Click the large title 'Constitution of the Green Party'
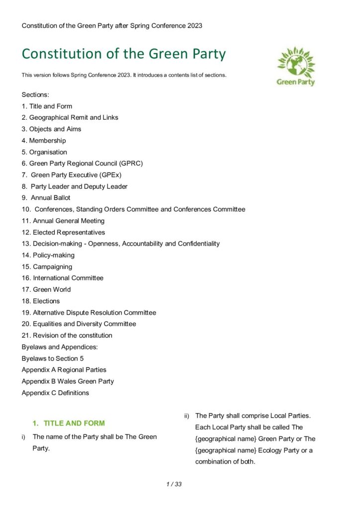pyautogui.click(x=123, y=54)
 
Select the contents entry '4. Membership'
pyautogui.click(x=44, y=141)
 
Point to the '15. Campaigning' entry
pyautogui.click(x=47, y=266)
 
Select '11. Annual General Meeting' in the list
pyautogui.click(x=63, y=221)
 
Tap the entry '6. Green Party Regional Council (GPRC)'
pyautogui.click(x=82, y=164)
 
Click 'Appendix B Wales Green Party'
pyautogui.click(x=68, y=381)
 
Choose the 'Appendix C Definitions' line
pyautogui.click(x=55, y=393)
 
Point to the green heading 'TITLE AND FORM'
pyautogui.click(x=74, y=424)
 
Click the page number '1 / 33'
pyautogui.click(x=174, y=484)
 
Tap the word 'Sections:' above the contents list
pyautogui.click(x=35, y=94)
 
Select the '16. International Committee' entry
pyautogui.click(x=63, y=278)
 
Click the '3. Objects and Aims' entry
pyautogui.click(x=51, y=129)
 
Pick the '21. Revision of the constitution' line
pyautogui.click(x=67, y=336)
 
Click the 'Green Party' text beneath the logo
pyautogui.click(x=296, y=82)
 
